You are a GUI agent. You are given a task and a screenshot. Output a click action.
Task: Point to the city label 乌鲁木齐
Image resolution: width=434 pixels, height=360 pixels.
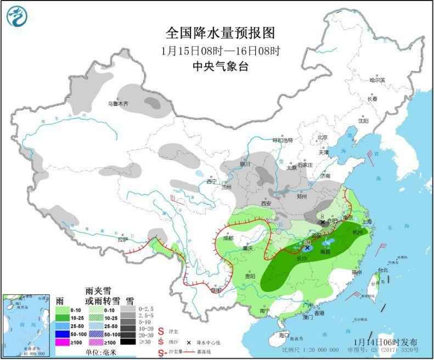pyautogui.click(x=117, y=103)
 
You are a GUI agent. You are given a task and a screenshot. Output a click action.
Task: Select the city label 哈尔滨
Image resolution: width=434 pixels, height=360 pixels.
pyautogui.click(x=377, y=80)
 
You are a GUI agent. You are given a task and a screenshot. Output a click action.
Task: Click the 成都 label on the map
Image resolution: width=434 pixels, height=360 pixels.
pyautogui.click(x=228, y=238)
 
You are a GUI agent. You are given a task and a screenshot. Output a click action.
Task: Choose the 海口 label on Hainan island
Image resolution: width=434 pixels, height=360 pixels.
pyautogui.click(x=284, y=334)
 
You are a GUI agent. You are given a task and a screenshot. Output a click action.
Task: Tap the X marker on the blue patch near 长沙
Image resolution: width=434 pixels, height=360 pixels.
pyautogui.click(x=308, y=248)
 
